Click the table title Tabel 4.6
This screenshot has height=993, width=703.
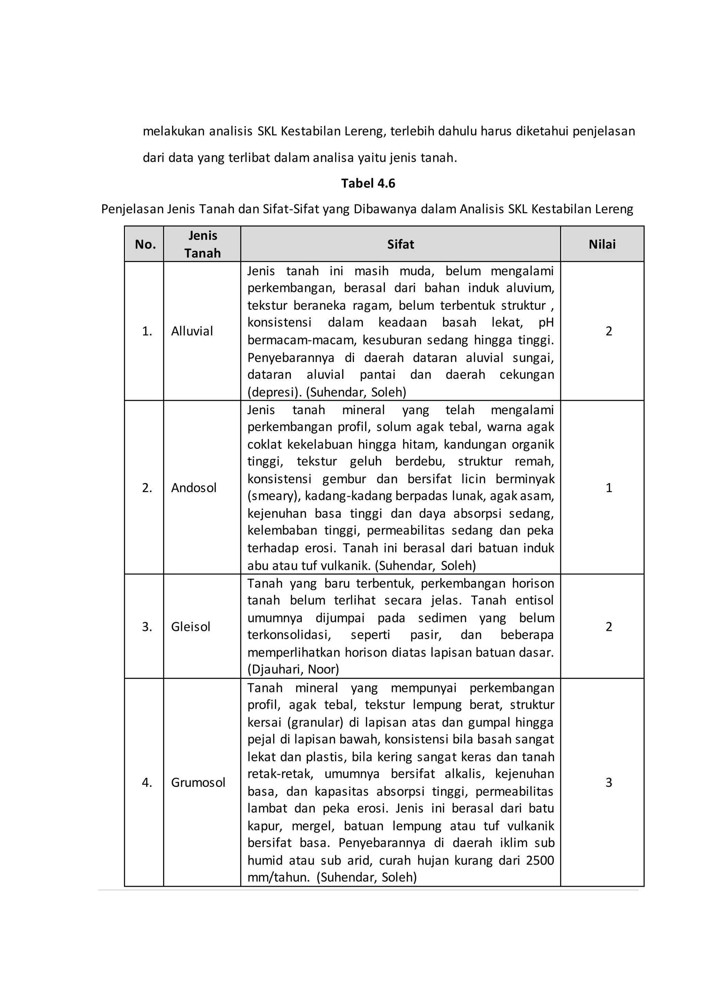(368, 183)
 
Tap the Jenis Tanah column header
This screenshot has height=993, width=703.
(202, 244)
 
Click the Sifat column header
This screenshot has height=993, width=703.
(401, 244)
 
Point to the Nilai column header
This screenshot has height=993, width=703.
(602, 244)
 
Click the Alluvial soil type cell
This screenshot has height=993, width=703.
(192, 331)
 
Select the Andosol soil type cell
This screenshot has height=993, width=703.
(194, 488)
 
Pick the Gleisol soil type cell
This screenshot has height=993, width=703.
(191, 627)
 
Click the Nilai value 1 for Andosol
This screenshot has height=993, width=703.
(609, 488)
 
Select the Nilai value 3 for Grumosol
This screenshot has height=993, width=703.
(609, 783)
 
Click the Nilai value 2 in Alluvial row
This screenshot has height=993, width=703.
(609, 331)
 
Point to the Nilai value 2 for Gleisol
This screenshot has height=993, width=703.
(609, 627)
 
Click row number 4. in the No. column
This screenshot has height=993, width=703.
(147, 783)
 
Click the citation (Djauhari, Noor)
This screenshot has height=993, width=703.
(293, 670)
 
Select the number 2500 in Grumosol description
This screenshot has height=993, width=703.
(540, 860)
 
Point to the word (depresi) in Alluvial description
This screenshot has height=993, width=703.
(275, 392)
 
